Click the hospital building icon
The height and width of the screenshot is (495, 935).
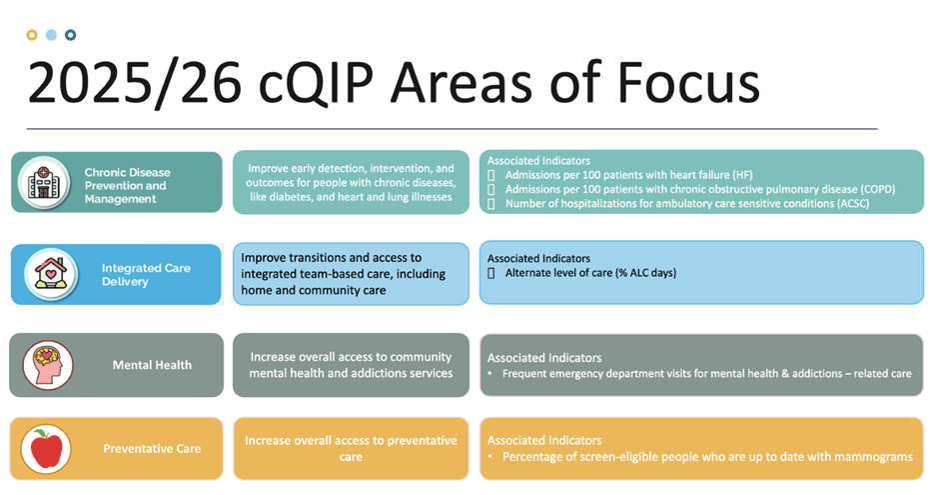tap(44, 182)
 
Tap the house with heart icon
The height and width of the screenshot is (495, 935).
tap(51, 274)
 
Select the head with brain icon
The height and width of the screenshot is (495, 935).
tap(48, 365)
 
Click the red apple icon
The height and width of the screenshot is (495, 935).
tap(46, 448)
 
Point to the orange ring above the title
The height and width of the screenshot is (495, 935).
tap(32, 35)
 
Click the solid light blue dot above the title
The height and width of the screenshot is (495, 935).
tap(51, 35)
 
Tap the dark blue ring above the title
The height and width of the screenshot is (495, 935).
tap(70, 35)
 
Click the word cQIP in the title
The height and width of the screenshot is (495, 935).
tap(316, 84)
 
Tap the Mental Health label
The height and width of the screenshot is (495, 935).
tap(152, 365)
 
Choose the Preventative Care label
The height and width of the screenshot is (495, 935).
tap(152, 448)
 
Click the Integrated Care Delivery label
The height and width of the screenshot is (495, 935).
tap(146, 275)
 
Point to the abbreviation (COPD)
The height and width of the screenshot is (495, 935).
tap(878, 189)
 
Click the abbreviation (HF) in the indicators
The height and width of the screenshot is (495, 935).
tap(743, 175)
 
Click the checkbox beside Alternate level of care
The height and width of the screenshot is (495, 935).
tap(491, 273)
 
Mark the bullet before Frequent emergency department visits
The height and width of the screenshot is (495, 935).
tap(490, 374)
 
